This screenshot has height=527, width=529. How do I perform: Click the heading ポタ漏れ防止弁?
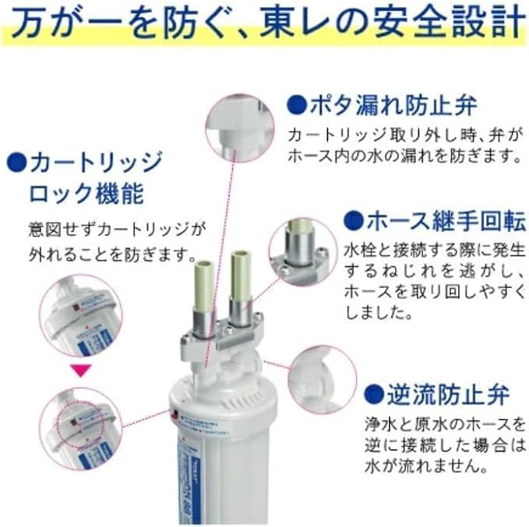click(393, 104)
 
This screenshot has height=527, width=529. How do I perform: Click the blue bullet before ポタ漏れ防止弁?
click(296, 104)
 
